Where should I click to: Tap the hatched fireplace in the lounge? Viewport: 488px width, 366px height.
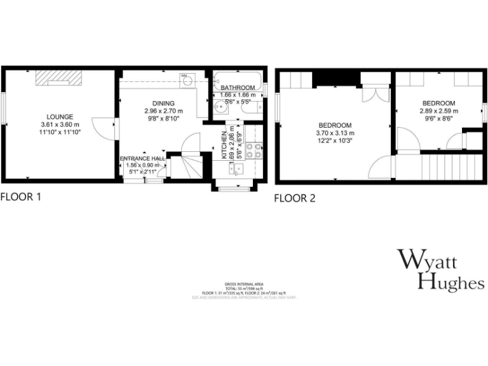pos(57,77)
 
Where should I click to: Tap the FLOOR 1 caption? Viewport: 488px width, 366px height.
pos(21,197)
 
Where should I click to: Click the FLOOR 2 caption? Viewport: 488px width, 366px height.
pos(294,198)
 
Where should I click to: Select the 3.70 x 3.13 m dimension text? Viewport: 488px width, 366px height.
pos(335,133)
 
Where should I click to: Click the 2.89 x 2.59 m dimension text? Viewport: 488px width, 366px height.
pos(439,111)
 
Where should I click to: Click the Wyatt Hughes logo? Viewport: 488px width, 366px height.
pos(441,270)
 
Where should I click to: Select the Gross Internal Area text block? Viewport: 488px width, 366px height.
pos(244,290)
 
